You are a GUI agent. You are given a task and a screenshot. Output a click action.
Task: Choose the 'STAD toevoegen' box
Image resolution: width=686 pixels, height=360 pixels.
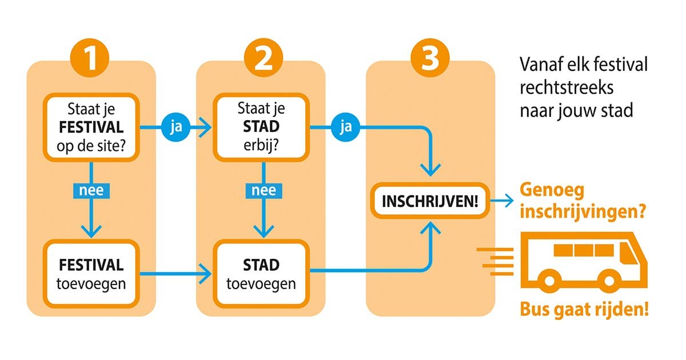261,274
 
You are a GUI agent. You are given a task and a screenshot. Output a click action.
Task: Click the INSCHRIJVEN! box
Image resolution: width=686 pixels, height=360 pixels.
430,201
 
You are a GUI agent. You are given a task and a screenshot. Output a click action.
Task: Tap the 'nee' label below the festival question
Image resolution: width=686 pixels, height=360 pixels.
92,190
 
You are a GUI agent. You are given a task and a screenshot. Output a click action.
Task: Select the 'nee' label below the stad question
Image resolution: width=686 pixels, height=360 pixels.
264,190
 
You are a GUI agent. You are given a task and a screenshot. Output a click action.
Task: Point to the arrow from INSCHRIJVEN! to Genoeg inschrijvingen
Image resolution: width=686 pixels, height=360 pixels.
504,201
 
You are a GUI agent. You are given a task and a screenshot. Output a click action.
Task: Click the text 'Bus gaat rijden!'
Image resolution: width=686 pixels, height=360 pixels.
584,311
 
